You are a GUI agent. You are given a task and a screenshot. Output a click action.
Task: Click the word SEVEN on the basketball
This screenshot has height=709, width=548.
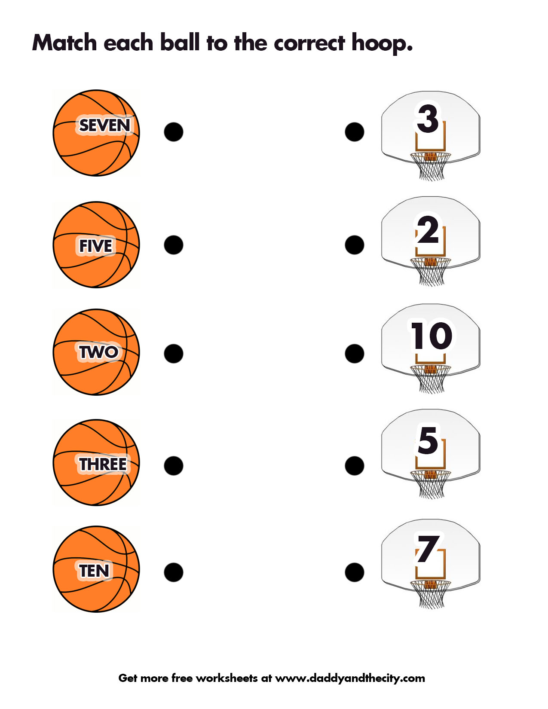(x=104, y=125)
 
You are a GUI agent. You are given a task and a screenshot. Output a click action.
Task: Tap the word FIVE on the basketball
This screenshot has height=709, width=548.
(x=95, y=246)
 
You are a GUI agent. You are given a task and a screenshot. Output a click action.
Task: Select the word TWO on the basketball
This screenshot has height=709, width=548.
(x=98, y=352)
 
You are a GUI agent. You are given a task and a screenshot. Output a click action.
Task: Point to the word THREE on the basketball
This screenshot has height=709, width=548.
(x=103, y=465)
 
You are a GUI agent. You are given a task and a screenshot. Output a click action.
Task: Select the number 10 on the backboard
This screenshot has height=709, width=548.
(x=431, y=336)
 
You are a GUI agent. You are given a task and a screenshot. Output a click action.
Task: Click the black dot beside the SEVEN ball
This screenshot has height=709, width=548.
(x=173, y=132)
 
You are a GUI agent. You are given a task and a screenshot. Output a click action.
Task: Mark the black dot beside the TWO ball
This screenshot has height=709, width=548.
(x=173, y=353)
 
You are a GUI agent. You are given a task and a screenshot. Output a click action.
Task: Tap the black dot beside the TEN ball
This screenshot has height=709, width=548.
(x=173, y=572)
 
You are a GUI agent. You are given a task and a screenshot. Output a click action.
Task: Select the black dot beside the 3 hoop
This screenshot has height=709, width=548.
(x=355, y=132)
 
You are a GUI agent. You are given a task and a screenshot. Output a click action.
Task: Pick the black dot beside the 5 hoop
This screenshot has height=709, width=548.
(x=355, y=466)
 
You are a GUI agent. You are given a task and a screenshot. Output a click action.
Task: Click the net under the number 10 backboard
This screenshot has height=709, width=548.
(x=431, y=379)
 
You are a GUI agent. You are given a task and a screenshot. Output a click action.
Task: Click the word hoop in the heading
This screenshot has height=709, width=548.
(x=382, y=44)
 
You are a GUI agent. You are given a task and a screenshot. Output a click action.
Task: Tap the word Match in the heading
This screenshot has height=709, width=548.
(x=64, y=43)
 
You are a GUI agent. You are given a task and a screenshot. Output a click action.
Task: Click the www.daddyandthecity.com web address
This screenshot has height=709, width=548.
(x=350, y=678)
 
